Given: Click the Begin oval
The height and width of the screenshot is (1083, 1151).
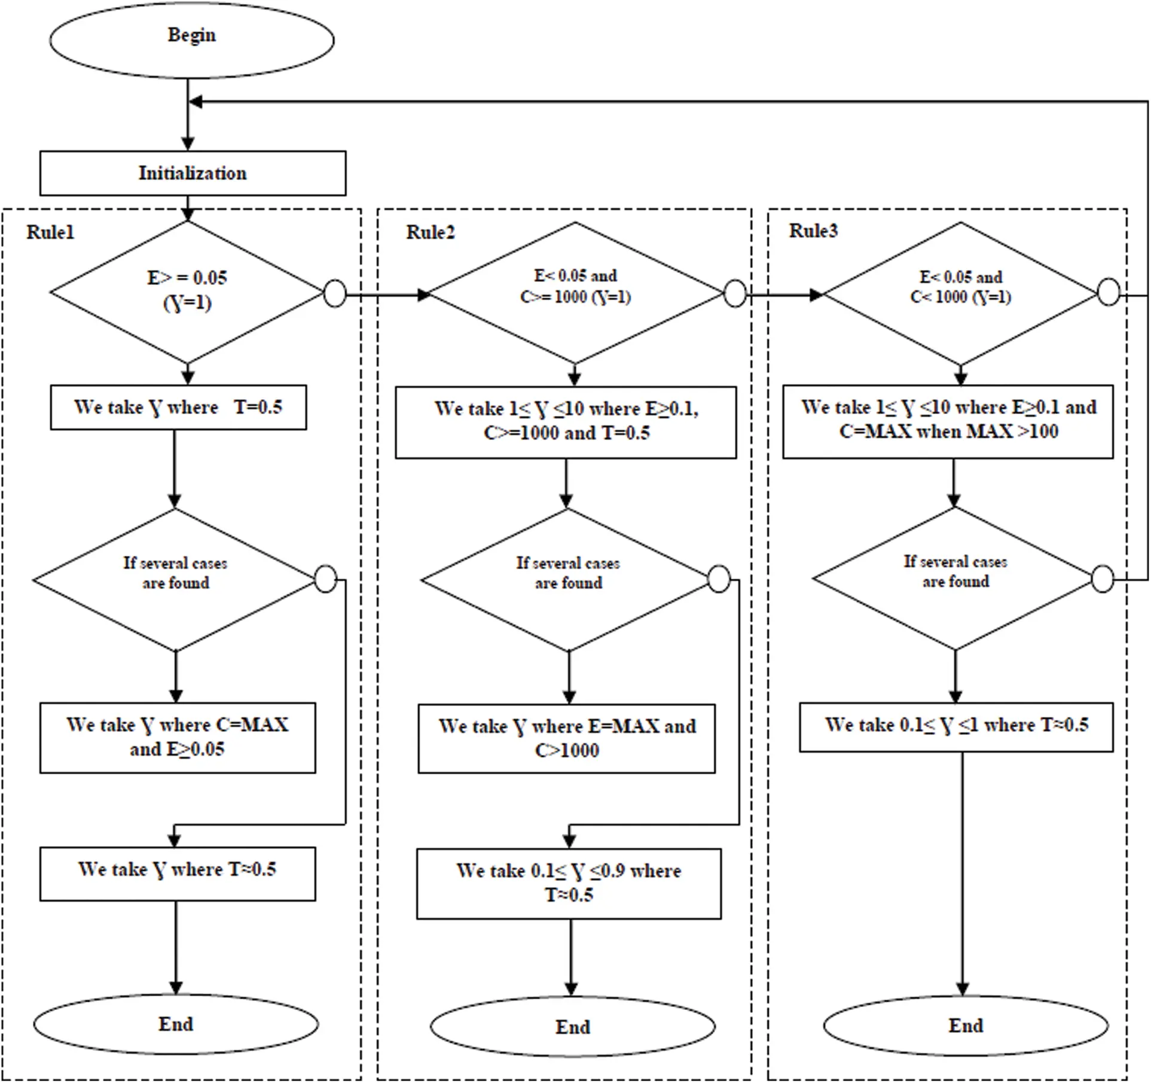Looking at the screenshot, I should (x=191, y=39).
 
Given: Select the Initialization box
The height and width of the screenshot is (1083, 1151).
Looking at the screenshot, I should (x=193, y=173).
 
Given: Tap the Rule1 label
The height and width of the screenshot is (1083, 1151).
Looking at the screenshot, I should (x=50, y=232).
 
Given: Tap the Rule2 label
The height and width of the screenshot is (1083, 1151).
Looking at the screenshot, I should (x=431, y=232).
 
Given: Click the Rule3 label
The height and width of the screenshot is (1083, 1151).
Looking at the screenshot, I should (x=813, y=230).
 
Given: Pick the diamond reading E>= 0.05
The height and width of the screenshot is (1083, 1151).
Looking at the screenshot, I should (x=187, y=291).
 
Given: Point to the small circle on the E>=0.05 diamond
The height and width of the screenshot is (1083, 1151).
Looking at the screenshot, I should (x=335, y=294).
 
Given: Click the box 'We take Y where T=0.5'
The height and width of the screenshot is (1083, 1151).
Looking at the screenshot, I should (x=178, y=407).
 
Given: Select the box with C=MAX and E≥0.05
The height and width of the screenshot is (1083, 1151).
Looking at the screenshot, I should (x=178, y=737).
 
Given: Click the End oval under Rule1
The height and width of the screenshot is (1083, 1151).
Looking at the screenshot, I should (x=176, y=1024).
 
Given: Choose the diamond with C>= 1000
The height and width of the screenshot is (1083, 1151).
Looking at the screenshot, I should (x=575, y=293).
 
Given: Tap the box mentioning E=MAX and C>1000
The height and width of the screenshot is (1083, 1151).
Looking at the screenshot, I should (x=566, y=738).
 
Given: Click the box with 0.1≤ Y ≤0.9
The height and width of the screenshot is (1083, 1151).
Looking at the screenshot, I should (x=569, y=883).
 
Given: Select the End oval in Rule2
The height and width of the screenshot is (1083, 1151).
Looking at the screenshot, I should (x=572, y=1027).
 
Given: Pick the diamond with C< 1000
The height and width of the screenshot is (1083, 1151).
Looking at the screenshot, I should (x=960, y=293).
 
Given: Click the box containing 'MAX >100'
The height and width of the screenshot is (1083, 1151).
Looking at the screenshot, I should (x=948, y=421).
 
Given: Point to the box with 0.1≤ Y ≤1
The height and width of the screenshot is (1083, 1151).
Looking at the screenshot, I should (x=956, y=726).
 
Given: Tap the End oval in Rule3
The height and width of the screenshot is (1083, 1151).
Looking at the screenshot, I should (x=966, y=1026).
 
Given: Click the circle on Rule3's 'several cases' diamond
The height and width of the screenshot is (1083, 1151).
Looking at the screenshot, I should (x=1102, y=579).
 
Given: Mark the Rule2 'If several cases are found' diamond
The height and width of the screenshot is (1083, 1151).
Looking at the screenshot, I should (x=568, y=579).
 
